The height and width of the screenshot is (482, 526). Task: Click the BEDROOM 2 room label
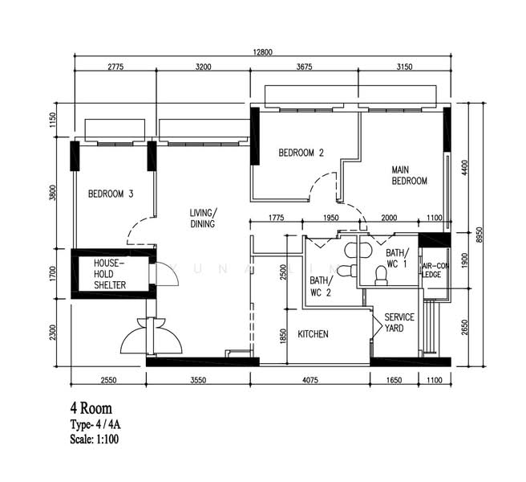point(301,153)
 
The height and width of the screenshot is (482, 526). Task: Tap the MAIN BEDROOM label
point(409,175)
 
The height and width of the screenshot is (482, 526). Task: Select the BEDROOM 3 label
point(111,194)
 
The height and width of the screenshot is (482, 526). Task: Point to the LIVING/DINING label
point(204,219)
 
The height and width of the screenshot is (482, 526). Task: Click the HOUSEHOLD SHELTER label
point(110,274)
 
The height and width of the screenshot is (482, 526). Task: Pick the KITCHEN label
point(313,334)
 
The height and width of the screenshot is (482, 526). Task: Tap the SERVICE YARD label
point(399,322)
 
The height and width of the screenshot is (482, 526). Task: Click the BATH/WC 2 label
point(321,286)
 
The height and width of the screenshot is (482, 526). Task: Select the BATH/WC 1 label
point(397,258)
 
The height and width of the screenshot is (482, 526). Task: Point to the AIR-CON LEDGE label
point(435,270)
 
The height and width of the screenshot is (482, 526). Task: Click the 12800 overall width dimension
point(263,52)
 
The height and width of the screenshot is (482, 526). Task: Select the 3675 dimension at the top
point(304,67)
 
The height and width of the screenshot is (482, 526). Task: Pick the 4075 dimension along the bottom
point(310,380)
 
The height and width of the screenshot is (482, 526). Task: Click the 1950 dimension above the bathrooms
point(331,218)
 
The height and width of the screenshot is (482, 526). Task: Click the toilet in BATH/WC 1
point(380,276)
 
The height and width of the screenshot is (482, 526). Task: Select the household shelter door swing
point(168,274)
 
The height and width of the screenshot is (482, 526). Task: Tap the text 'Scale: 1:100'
point(95,439)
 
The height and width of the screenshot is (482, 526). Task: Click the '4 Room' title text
point(91,408)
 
